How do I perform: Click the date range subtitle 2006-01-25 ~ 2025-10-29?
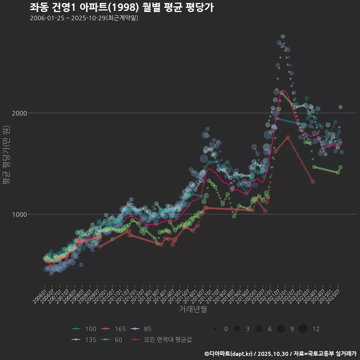(84, 18)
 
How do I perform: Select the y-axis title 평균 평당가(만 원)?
(6, 155)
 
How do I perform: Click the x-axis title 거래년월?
(193, 309)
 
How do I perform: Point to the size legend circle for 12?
(303, 329)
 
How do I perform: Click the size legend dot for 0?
(215, 329)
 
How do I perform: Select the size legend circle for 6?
(259, 329)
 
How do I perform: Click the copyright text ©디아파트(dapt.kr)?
(229, 354)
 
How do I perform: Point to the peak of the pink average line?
(283, 90)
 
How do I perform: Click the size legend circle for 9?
(281, 329)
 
